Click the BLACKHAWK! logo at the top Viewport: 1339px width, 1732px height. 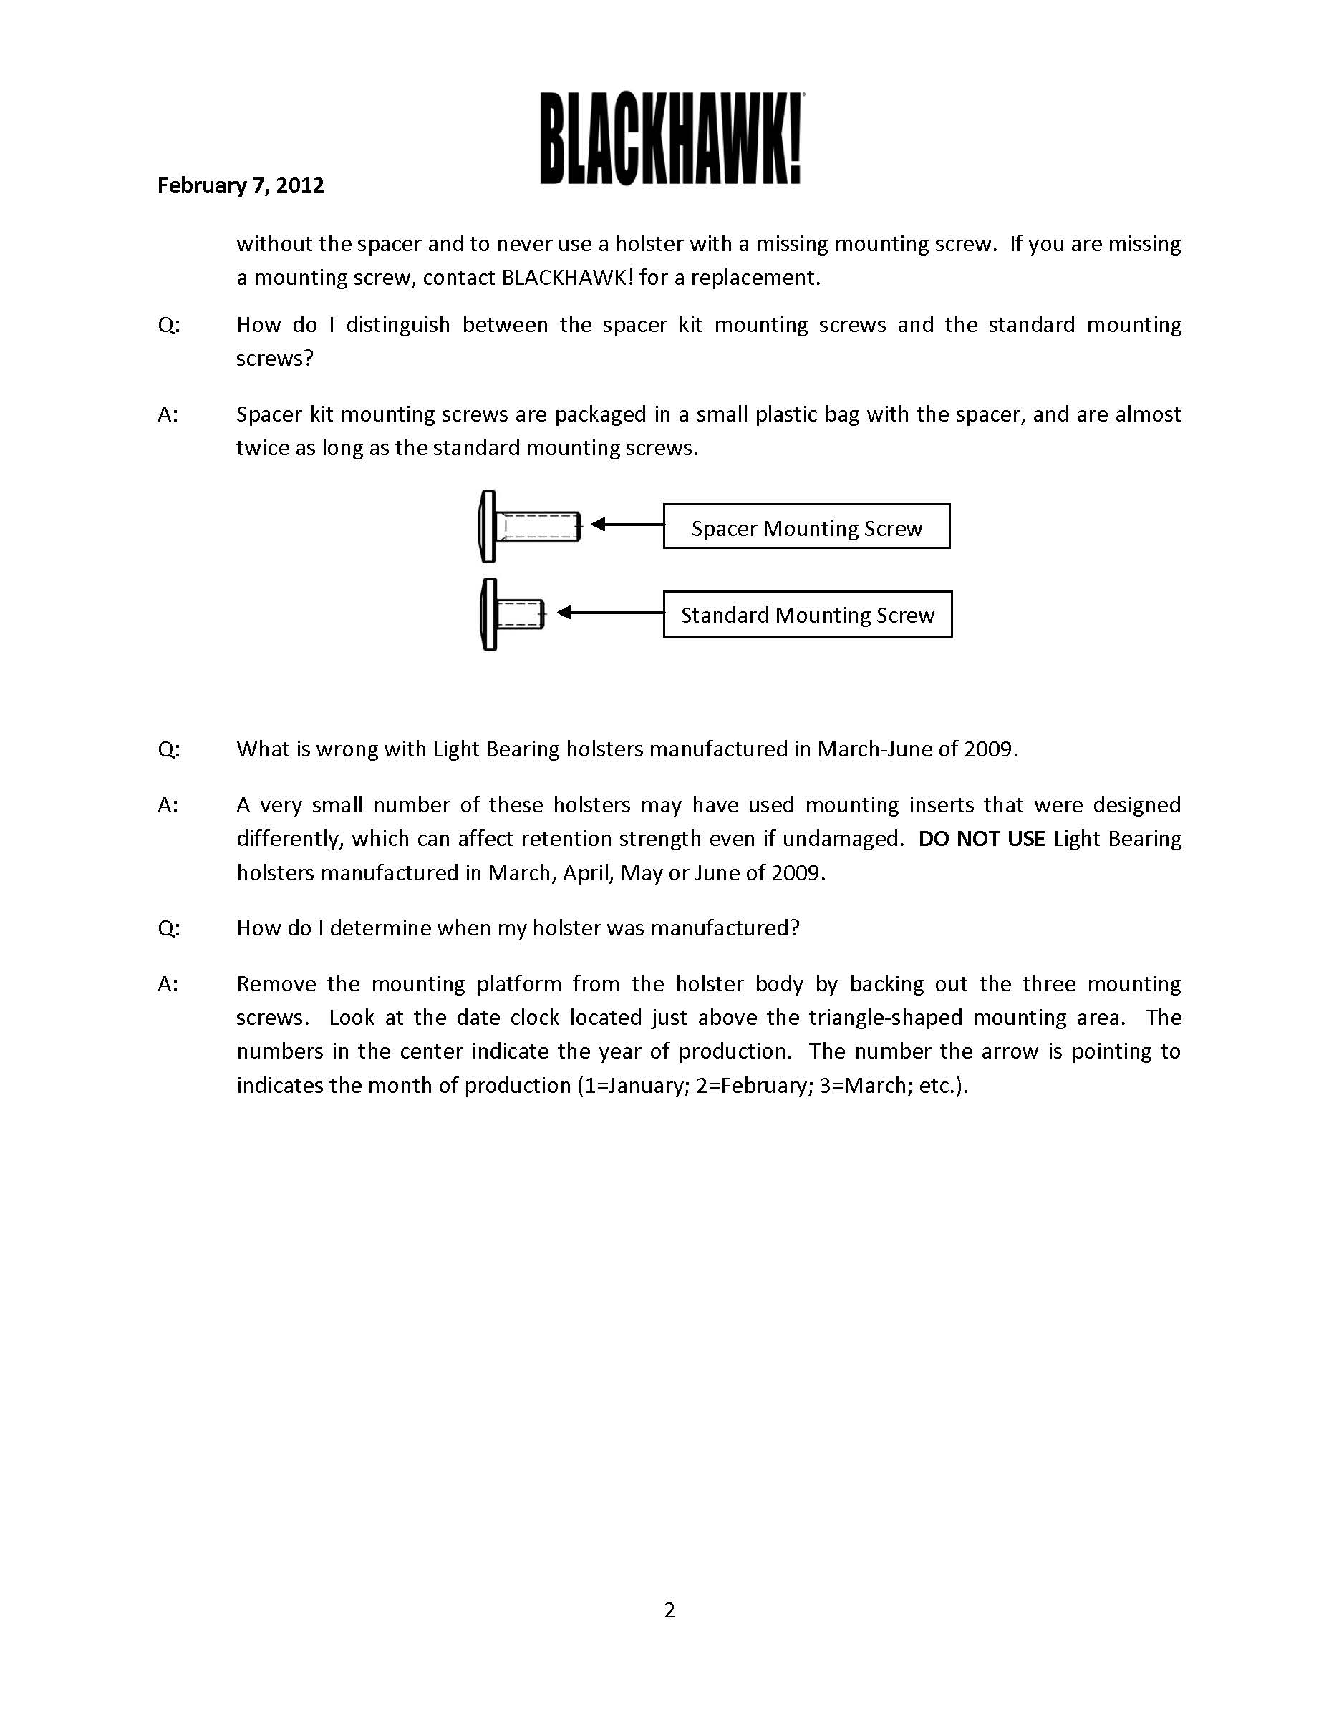671,139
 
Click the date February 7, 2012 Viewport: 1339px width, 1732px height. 241,185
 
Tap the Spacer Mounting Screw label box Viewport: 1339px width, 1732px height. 806,527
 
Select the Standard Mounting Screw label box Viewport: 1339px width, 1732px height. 807,614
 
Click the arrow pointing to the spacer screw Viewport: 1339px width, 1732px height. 627,524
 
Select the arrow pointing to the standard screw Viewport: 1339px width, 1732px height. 609,612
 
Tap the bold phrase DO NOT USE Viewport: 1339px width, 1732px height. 981,838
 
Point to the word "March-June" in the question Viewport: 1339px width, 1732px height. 874,749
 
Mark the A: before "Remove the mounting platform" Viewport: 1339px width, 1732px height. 168,984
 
